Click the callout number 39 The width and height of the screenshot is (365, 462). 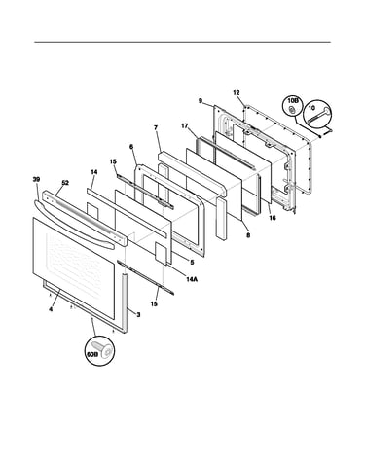[x=36, y=179]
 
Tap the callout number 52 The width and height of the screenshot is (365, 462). [x=65, y=183]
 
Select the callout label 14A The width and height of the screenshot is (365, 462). [x=192, y=279]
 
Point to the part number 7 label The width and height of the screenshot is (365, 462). [x=156, y=128]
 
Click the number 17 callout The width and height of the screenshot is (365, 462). [x=185, y=125]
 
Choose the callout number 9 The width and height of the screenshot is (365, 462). [x=201, y=101]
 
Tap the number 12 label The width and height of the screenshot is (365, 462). [x=237, y=93]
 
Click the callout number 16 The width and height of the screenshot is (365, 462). [x=273, y=218]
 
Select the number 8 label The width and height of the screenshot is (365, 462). [x=248, y=235]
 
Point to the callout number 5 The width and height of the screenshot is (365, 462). [x=192, y=263]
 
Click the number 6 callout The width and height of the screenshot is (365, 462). [x=131, y=147]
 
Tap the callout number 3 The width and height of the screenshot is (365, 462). [x=138, y=314]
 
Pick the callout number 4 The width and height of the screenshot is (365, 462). [x=51, y=309]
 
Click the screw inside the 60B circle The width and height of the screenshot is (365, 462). [x=104, y=348]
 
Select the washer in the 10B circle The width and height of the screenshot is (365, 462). [x=292, y=109]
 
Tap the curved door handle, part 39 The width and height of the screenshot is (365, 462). [x=74, y=225]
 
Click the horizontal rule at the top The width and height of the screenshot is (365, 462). [x=183, y=42]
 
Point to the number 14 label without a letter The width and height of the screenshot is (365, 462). [x=93, y=172]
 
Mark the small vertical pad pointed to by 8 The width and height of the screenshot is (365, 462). [x=222, y=219]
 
